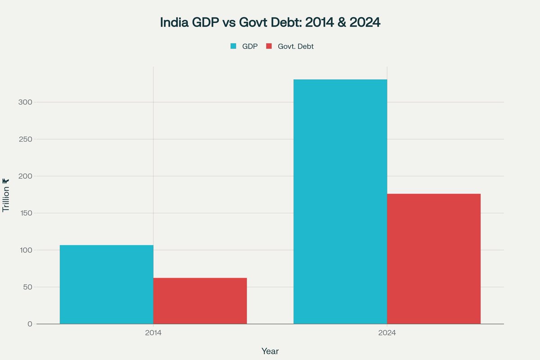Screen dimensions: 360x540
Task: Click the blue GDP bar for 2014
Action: coord(107,284)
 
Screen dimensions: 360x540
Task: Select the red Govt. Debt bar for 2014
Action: coord(200,301)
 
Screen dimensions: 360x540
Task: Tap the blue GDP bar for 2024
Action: coord(340,202)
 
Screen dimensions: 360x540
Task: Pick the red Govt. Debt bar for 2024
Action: coord(434,259)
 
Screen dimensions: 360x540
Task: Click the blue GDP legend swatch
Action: coord(233,46)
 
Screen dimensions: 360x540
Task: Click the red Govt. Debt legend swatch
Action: coord(269,46)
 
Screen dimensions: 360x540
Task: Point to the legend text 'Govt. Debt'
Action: coord(296,46)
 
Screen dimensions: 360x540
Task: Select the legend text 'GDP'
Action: coord(250,46)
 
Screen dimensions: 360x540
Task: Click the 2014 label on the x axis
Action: coord(153,333)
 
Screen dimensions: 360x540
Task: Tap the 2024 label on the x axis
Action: coord(387,333)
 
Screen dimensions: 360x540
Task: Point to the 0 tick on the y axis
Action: coord(30,324)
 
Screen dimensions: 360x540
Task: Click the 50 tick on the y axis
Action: coord(28,287)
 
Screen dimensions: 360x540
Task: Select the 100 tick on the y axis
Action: coord(26,250)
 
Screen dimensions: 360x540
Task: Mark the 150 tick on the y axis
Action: coord(26,213)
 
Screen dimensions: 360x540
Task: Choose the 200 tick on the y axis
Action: coord(26,176)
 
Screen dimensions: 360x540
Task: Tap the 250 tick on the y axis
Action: coord(26,139)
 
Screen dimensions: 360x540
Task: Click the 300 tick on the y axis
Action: coord(26,103)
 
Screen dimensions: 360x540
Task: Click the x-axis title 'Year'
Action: coord(270,351)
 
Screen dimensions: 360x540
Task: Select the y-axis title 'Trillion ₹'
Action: coord(6,195)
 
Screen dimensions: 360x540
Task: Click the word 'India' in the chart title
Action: coord(175,23)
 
